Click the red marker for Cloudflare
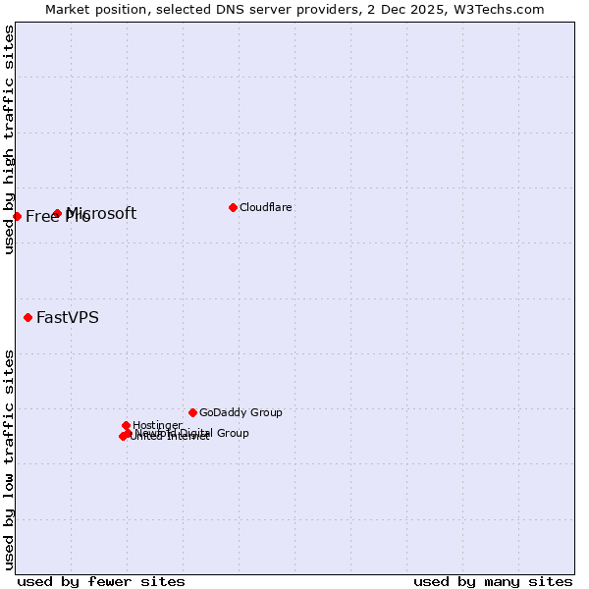pyautogui.click(x=233, y=207)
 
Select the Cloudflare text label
pyautogui.click(x=266, y=207)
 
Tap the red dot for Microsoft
pyautogui.click(x=57, y=213)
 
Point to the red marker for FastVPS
pyautogui.click(x=27, y=317)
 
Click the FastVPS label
pyautogui.click(x=68, y=317)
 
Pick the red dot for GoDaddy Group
pyautogui.click(x=192, y=412)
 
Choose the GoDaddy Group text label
pyautogui.click(x=241, y=412)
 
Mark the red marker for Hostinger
pyautogui.click(x=126, y=425)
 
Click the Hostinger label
pyautogui.click(x=157, y=425)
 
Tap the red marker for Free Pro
pyautogui.click(x=18, y=216)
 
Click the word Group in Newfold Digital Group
pyautogui.click(x=232, y=433)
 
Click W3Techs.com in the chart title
pyautogui.click(x=500, y=9)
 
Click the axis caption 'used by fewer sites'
pyautogui.click(x=101, y=581)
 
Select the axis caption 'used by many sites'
pyautogui.click(x=493, y=581)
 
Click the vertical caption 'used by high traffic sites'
pyautogui.click(x=9, y=139)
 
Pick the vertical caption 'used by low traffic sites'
pyautogui.click(x=9, y=459)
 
